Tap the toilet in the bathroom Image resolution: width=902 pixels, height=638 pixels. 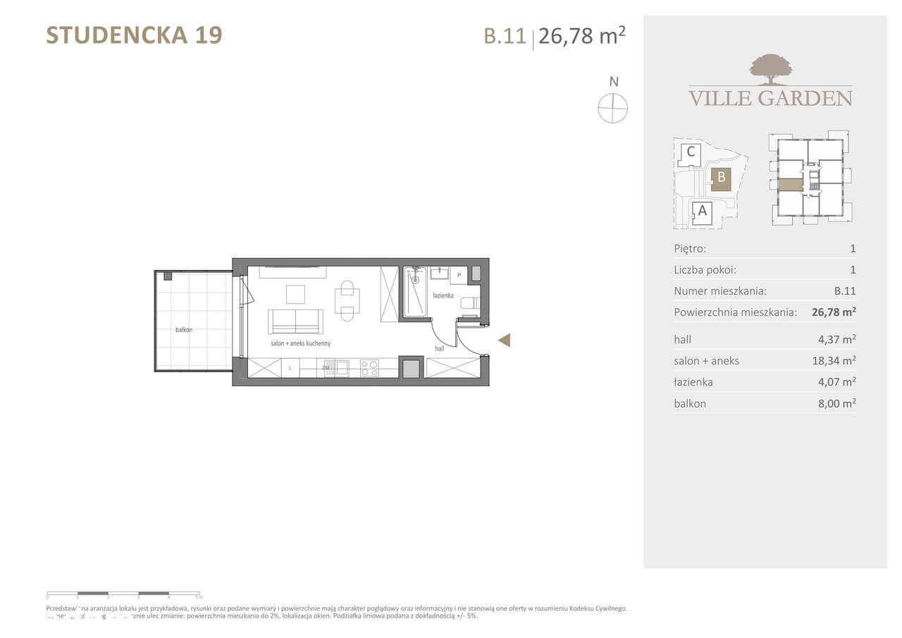[468, 304]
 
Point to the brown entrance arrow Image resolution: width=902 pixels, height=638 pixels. [504, 341]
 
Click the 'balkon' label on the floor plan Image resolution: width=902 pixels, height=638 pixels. [185, 329]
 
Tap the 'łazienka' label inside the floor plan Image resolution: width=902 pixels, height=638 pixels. [443, 295]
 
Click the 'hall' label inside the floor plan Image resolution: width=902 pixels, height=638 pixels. [439, 348]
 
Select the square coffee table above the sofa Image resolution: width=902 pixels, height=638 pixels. [295, 293]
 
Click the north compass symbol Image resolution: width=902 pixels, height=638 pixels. [612, 109]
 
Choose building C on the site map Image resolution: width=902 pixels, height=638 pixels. [691, 152]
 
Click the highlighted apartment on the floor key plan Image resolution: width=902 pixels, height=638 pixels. [790, 185]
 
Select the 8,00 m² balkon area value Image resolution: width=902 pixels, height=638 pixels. [834, 404]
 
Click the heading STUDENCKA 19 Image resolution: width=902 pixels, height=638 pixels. [134, 35]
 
